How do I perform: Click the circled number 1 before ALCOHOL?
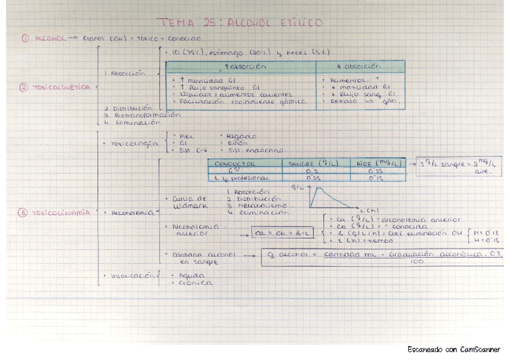(x=25, y=38)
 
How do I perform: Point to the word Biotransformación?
(x=144, y=115)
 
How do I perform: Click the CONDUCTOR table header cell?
(x=236, y=163)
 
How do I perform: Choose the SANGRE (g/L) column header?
(x=312, y=163)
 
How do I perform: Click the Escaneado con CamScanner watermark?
(x=453, y=349)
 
